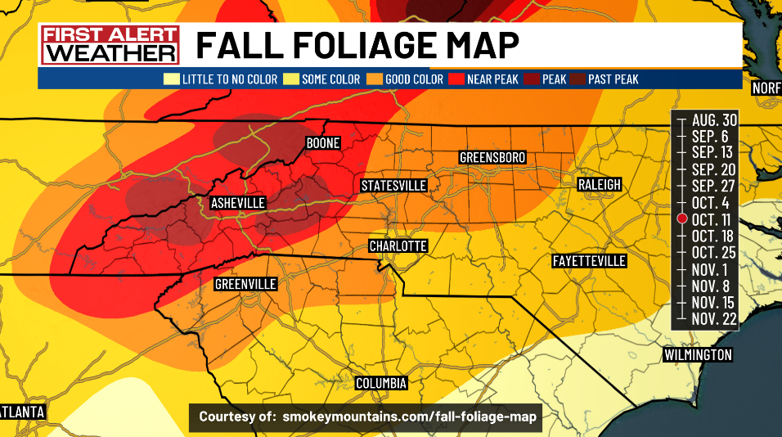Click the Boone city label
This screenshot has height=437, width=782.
point(322,143)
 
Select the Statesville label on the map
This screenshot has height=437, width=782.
point(394,186)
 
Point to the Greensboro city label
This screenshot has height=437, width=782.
point(492,157)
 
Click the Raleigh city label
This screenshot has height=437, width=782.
point(599,185)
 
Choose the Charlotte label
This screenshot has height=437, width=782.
point(398,246)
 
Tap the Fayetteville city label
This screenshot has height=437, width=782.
point(589,261)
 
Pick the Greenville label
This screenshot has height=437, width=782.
point(245,284)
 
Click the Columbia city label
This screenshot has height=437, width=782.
point(380,383)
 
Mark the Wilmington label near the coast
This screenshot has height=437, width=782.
point(697,355)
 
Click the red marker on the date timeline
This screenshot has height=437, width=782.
point(681,218)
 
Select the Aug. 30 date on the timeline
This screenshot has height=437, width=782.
point(714,120)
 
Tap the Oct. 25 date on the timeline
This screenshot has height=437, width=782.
point(714,251)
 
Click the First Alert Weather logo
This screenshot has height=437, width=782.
point(110,45)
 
